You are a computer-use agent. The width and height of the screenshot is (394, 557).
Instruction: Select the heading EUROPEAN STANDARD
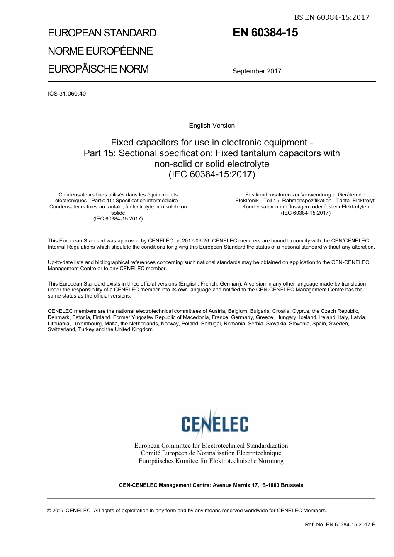(102, 33)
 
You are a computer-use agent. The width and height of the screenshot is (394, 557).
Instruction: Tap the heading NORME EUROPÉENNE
(100, 51)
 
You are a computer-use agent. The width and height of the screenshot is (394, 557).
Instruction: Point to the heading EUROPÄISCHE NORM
(98, 69)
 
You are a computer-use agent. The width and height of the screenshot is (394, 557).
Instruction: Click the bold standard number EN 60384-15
(265, 33)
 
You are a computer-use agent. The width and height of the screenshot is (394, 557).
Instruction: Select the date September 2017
(257, 71)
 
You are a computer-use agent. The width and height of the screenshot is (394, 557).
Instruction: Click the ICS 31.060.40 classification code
(67, 94)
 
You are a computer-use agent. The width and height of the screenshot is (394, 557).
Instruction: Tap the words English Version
(212, 126)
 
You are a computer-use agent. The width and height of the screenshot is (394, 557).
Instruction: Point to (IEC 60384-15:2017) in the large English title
(212, 174)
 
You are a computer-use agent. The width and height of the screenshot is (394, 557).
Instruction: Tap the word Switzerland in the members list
(62, 329)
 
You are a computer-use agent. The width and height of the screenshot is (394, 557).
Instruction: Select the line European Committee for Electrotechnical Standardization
(211, 446)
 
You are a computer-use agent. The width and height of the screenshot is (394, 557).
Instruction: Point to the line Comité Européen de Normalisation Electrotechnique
(211, 453)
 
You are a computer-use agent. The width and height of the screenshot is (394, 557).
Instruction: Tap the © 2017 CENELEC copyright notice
(69, 511)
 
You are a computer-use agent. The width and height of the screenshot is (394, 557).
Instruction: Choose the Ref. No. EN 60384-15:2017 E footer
(340, 525)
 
